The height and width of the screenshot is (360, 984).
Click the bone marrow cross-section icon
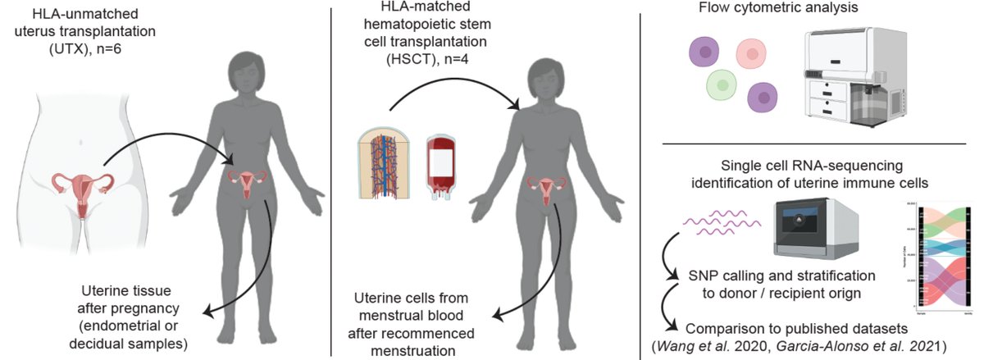pos(383,166)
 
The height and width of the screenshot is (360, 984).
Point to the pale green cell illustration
pos(723,84)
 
